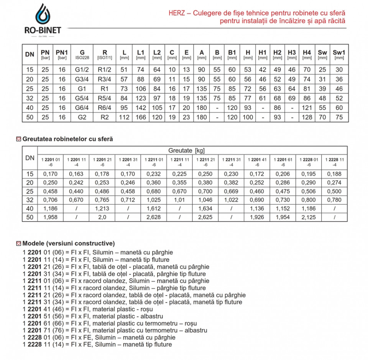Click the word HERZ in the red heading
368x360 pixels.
[x=177, y=13]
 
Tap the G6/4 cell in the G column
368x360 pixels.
[x=82, y=108]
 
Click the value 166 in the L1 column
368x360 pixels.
[x=141, y=117]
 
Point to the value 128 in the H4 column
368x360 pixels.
[x=307, y=117]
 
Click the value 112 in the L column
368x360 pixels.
[x=124, y=117]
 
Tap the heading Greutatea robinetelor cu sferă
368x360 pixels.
[x=68, y=139]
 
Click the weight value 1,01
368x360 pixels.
[x=180, y=200]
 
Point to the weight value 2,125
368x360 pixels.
[x=309, y=217]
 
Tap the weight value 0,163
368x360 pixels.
[x=76, y=174]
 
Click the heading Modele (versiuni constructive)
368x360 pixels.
[x=69, y=243]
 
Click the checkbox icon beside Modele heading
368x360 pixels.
[x=18, y=243]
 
